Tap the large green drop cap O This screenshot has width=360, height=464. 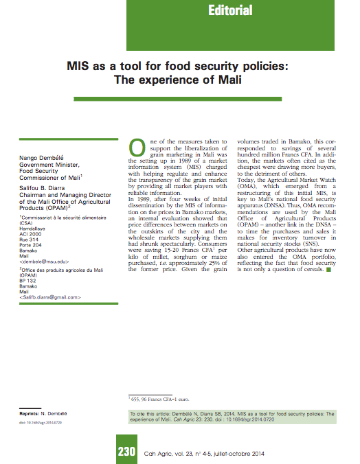click(x=137, y=148)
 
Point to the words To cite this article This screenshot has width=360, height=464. click(x=152, y=415)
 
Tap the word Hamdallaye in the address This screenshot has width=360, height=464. click(x=34, y=229)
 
